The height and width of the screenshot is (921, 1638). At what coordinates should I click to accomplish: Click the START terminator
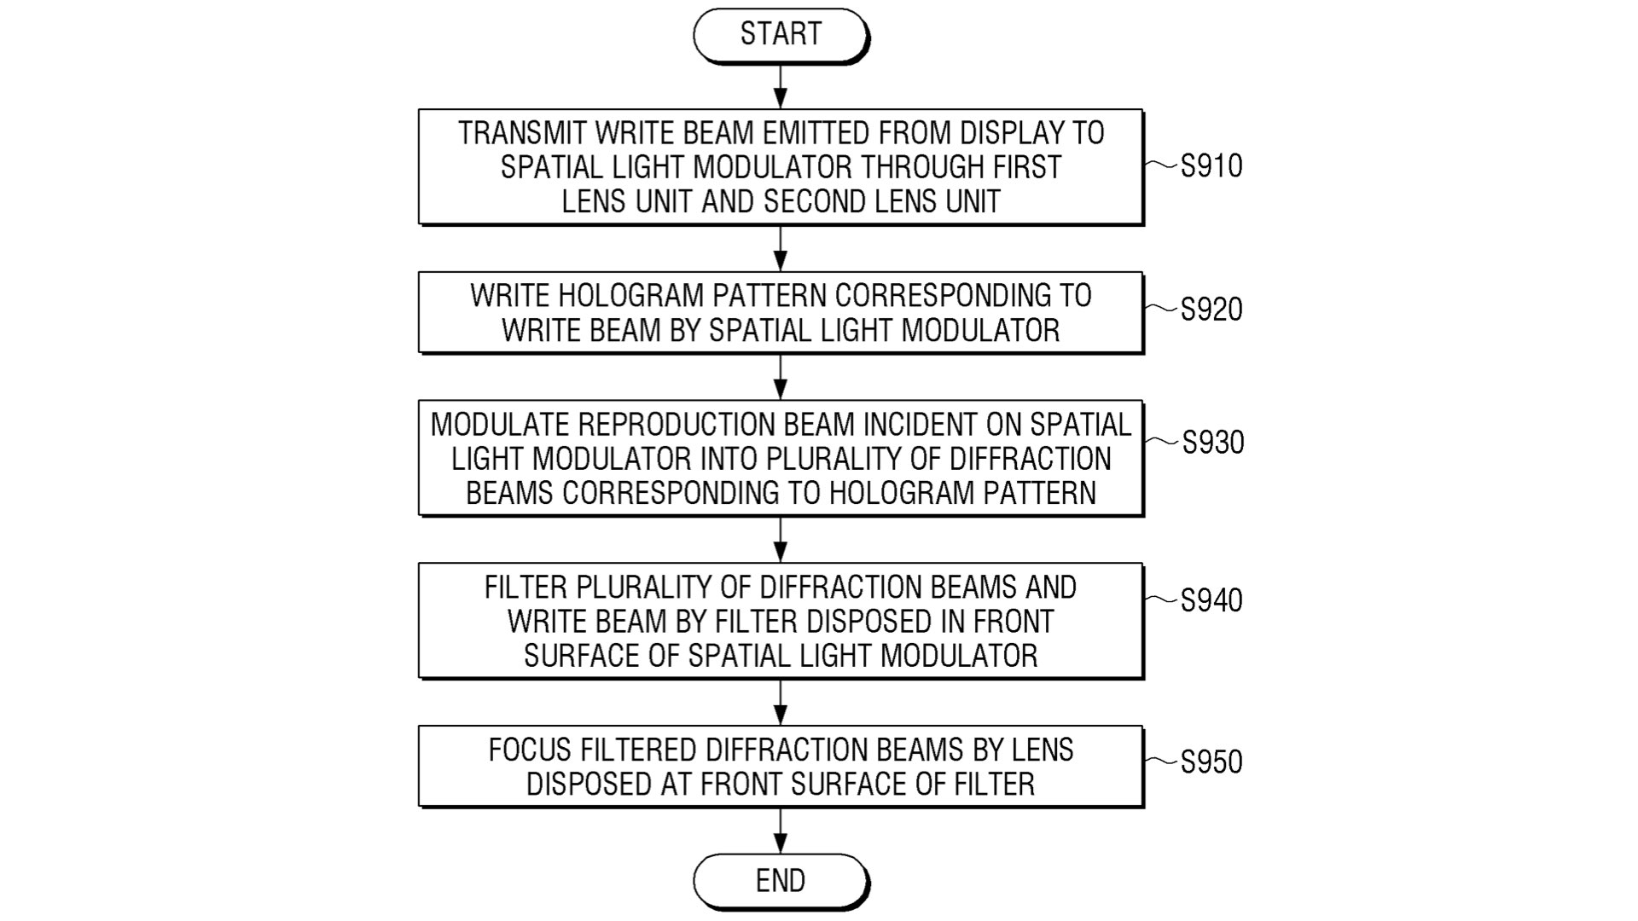(780, 35)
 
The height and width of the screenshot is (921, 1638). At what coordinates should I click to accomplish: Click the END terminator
(780, 881)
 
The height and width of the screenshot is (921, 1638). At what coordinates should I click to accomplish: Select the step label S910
(1211, 166)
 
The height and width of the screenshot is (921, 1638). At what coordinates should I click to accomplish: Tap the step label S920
(1211, 310)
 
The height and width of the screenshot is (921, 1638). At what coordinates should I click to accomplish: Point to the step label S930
(1212, 443)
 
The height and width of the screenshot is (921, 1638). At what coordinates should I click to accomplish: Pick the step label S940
(1211, 600)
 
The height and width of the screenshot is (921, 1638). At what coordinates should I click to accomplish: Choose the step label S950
(1211, 762)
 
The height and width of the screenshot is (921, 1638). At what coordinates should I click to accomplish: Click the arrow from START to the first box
(780, 86)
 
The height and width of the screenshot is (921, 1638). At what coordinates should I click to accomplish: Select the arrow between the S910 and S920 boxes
(780, 248)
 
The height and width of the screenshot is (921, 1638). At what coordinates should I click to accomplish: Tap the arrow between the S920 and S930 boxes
(780, 377)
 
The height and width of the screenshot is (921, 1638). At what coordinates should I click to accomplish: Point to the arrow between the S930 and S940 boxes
(780, 539)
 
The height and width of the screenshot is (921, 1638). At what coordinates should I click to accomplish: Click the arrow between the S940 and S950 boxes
(780, 702)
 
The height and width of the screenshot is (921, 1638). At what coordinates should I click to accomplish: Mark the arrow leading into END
(780, 831)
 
